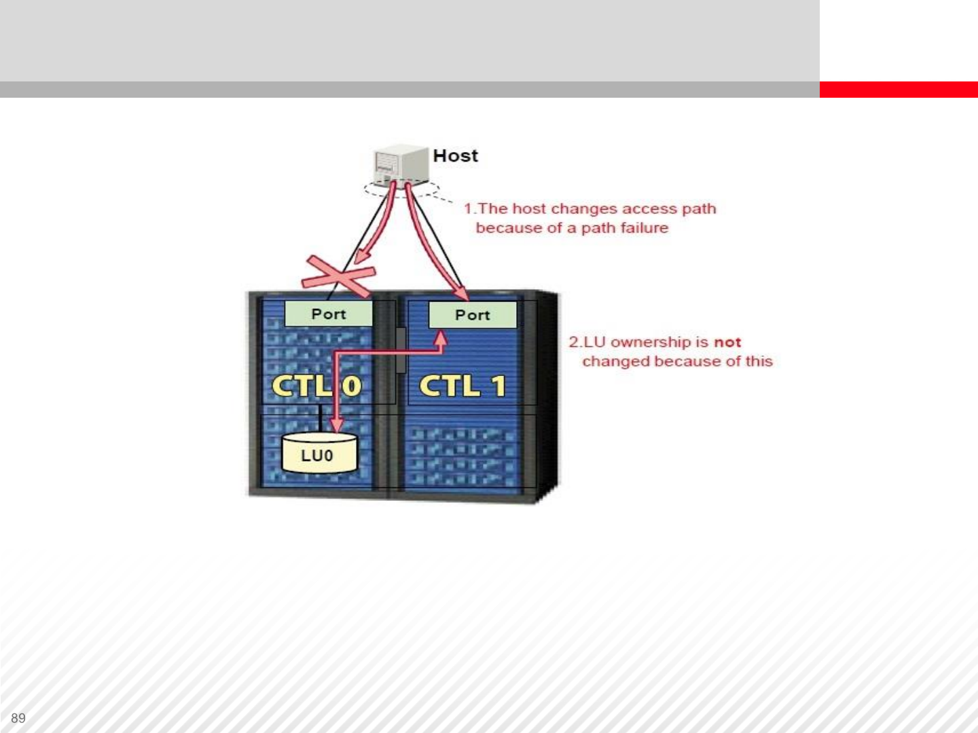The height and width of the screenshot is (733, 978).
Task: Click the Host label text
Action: pos(455,156)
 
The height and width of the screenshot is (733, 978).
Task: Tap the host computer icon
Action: pos(401,166)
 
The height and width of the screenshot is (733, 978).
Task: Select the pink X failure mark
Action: pos(339,276)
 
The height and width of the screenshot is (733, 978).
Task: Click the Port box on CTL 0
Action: pos(328,314)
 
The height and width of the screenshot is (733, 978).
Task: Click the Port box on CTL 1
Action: pos(473,315)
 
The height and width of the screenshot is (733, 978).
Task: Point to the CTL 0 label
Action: pos(316,386)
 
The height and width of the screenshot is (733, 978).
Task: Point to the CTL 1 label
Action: pos(463,386)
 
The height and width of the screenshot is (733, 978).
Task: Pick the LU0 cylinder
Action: pos(319,453)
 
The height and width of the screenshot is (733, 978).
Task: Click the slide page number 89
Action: pos(18,718)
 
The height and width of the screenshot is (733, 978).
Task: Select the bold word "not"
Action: pos(727,342)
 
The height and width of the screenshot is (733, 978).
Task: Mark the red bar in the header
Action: pos(899,90)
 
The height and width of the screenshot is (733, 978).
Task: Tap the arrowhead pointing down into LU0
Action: pos(337,425)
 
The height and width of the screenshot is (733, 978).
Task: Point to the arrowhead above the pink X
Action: pos(363,257)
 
